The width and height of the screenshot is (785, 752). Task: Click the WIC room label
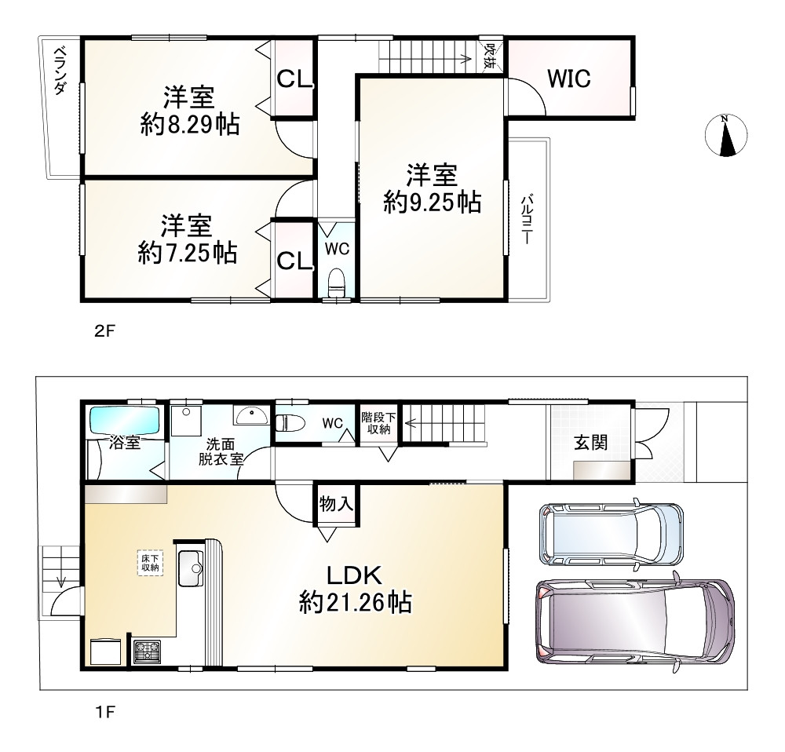(x=568, y=78)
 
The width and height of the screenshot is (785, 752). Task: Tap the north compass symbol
(x=726, y=135)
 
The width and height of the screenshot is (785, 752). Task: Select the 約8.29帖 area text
(x=190, y=124)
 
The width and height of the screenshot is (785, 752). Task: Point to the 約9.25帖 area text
(x=433, y=203)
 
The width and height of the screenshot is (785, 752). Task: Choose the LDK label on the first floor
(x=355, y=575)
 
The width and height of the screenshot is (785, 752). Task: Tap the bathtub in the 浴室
(x=124, y=420)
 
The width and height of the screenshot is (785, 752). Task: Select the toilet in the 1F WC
(x=290, y=422)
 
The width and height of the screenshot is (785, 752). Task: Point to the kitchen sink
(x=191, y=569)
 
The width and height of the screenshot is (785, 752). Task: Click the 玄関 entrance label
(x=591, y=443)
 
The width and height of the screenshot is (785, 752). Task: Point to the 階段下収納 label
(x=379, y=423)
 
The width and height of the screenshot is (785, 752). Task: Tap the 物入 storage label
(x=336, y=504)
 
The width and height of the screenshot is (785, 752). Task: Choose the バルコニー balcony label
(x=526, y=220)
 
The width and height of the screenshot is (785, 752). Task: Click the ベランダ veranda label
(x=60, y=71)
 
